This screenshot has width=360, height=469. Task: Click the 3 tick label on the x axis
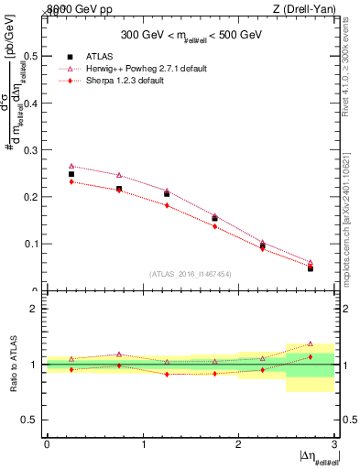click(334, 443)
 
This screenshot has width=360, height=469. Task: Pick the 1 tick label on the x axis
click(143, 443)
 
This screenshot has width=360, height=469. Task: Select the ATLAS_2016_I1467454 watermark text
click(190, 273)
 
